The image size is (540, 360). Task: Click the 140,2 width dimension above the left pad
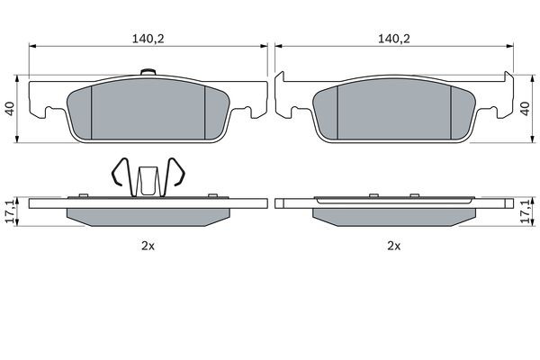(x=148, y=39)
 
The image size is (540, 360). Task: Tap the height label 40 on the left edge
(x=10, y=107)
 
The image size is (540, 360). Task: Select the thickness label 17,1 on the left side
(x=10, y=212)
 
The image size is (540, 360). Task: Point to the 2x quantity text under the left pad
(x=148, y=245)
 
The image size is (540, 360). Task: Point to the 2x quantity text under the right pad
(x=392, y=245)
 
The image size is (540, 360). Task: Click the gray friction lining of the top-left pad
(x=148, y=112)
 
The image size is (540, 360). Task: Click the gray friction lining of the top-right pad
(x=392, y=112)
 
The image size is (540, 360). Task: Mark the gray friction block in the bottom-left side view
(x=148, y=216)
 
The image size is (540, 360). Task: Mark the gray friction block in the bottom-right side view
(x=392, y=216)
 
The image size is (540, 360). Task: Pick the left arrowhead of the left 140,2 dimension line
(x=32, y=47)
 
